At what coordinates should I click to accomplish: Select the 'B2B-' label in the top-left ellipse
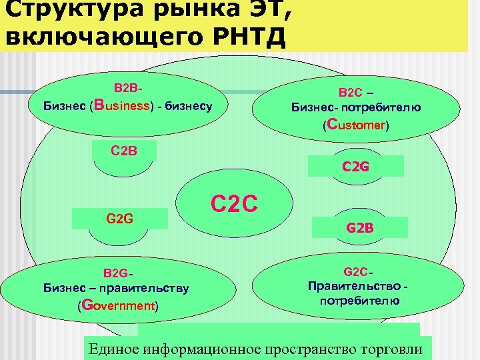coord(128,88)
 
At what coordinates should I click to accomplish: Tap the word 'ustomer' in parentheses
coord(360,125)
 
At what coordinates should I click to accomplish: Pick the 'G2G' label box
coord(121,217)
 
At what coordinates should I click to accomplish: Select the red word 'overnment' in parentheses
coord(124,306)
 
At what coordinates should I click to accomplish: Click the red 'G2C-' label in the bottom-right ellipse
coord(359,272)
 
